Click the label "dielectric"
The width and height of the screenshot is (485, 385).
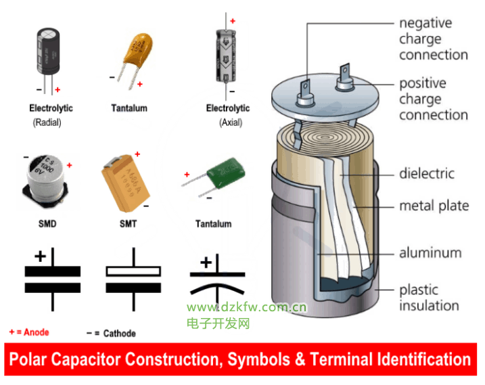(x=427, y=174)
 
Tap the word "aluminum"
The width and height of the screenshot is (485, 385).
(x=430, y=253)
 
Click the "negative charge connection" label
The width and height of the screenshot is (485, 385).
(x=433, y=39)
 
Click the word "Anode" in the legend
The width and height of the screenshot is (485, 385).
(x=37, y=332)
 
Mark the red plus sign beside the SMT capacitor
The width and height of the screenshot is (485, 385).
(x=137, y=154)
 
